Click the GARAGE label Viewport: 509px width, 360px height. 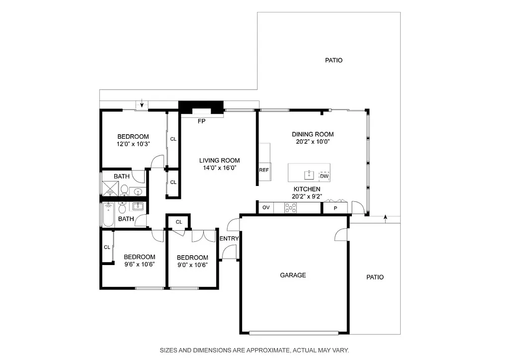[293, 275]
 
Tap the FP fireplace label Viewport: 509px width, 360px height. [201, 121]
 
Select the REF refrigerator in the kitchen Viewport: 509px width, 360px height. [264, 170]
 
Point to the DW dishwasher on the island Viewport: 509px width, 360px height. [324, 176]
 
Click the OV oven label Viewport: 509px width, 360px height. [266, 207]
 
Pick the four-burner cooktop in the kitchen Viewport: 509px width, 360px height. [290, 208]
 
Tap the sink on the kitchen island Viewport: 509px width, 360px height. [309, 174]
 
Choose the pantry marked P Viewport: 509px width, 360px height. [335, 208]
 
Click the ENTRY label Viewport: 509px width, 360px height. [229, 238]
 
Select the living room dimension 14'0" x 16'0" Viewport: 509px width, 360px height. [219, 168]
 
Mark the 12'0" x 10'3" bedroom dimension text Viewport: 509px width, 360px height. [133, 144]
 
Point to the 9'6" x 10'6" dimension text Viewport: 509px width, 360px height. [139, 264]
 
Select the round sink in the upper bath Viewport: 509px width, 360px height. [138, 191]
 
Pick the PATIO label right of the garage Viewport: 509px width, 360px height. [375, 277]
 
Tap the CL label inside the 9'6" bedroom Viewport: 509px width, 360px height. [107, 247]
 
